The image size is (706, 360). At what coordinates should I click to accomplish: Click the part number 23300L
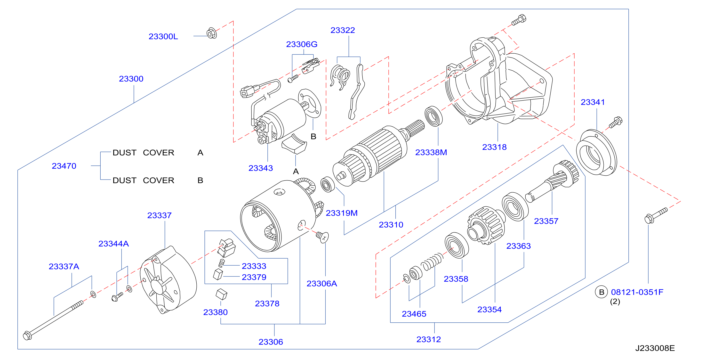click(163, 36)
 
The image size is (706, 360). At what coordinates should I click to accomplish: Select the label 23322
click(343, 30)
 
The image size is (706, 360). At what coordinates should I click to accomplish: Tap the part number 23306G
click(302, 44)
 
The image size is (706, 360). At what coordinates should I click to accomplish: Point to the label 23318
click(494, 147)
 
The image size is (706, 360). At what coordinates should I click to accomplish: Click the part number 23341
click(593, 102)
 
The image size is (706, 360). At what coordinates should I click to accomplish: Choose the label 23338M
click(431, 152)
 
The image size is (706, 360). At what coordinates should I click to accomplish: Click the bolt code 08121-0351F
click(637, 292)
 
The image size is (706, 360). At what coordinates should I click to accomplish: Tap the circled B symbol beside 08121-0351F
click(602, 292)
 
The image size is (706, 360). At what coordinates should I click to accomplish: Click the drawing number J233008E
click(655, 348)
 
